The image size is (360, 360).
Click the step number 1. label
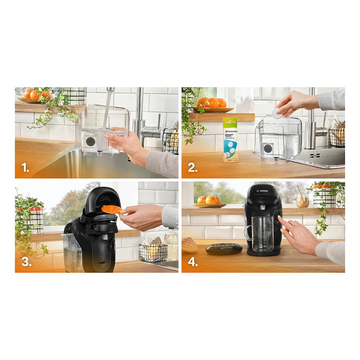point(24,168)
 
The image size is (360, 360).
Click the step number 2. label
point(192,168)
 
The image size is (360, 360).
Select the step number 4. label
point(192,262)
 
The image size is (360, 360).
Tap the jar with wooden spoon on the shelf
point(303,200)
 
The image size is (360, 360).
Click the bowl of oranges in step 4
point(209,202)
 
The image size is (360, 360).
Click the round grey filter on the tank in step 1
point(91,141)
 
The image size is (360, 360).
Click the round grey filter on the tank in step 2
point(268,148)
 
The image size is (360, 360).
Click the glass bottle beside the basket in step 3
point(171,244)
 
